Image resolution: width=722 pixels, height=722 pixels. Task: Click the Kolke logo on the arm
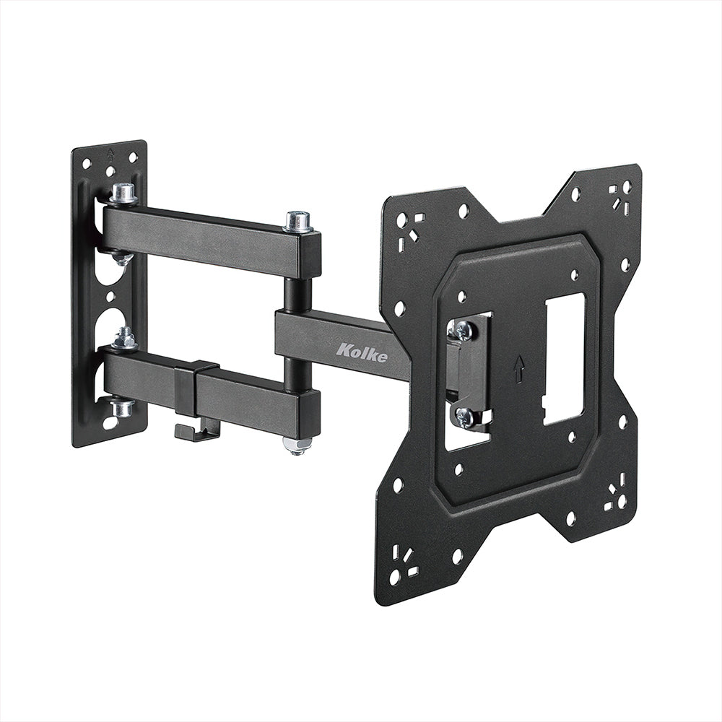(x=362, y=352)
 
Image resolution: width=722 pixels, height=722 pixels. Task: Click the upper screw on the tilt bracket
(x=462, y=330)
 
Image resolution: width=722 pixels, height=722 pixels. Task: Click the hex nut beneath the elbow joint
(x=297, y=443)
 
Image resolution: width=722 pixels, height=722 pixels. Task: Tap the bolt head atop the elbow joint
(x=298, y=220)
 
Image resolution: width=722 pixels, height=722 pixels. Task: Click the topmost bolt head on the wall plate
(x=124, y=193)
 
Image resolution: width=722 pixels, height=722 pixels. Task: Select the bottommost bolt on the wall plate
(x=123, y=407)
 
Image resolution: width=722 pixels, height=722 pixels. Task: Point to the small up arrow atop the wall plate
(x=110, y=153)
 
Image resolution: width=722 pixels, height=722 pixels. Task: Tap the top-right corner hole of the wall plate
(x=133, y=157)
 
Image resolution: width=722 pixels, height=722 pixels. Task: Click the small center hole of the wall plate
(x=110, y=297)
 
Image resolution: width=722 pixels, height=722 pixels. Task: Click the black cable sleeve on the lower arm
(x=186, y=390)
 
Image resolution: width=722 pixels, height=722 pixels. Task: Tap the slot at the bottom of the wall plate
(x=108, y=422)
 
